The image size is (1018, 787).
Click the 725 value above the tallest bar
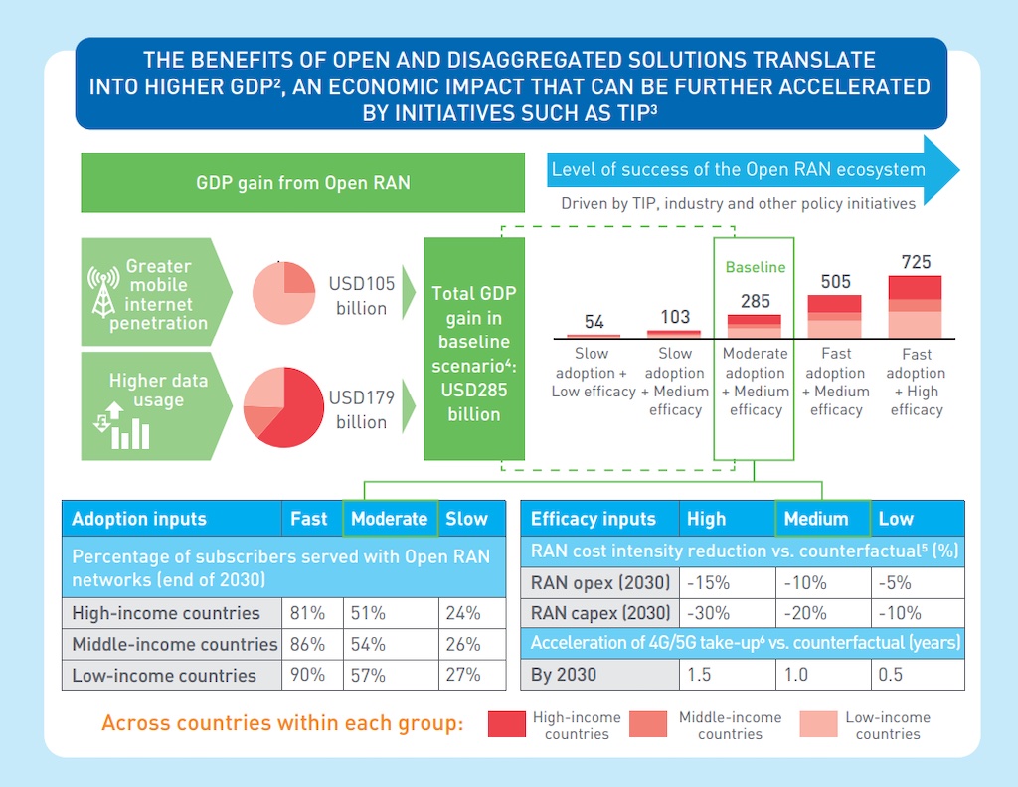pos(917,262)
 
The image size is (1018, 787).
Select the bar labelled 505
pos(836,317)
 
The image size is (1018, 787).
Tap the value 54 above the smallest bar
pos(594,322)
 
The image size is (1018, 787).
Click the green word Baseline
pos(755,267)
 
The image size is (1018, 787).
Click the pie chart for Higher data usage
pos(284,407)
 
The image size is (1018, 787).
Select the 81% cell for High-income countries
pos(307,613)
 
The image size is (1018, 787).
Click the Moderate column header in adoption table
pos(389,519)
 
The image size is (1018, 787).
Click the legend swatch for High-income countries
pos(507,724)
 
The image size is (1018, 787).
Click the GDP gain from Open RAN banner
pos(302,183)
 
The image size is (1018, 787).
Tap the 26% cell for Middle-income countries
pos(463,644)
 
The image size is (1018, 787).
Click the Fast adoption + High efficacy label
pos(917,382)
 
